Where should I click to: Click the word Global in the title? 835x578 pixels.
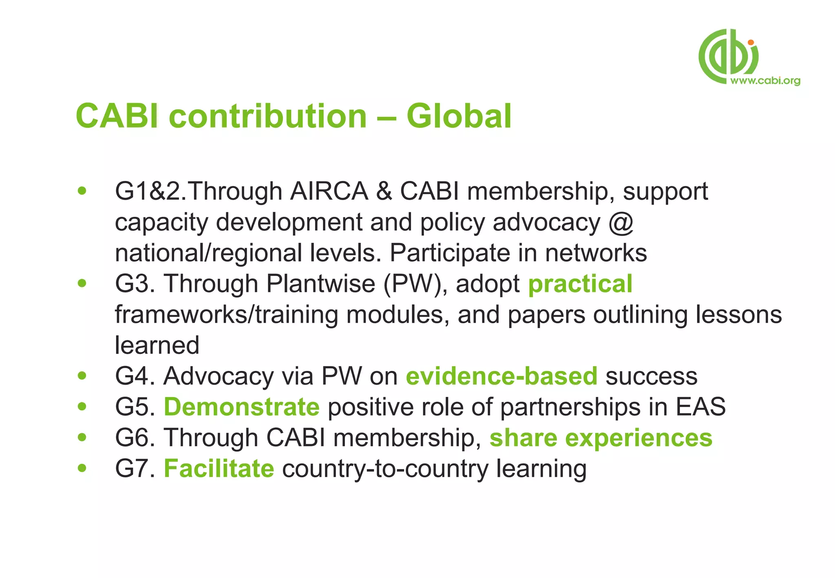459,116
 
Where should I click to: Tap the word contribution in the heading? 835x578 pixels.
268,116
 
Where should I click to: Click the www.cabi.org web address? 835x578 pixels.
765,80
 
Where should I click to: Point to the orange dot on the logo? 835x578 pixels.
751,42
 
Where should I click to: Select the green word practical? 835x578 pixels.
580,284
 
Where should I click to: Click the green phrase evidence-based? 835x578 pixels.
501,376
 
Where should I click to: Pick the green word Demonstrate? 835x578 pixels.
242,407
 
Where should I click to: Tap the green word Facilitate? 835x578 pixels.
219,468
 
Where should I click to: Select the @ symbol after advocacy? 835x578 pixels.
621,223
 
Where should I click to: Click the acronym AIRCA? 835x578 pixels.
329,191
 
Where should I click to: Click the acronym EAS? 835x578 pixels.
700,407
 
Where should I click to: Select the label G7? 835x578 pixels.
135,468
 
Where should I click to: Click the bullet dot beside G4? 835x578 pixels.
82,376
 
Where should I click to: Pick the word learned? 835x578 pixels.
157,345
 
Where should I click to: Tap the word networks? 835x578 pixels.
596,253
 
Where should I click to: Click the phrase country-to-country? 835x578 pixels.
385,468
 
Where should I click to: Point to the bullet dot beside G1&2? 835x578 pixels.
82,191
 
